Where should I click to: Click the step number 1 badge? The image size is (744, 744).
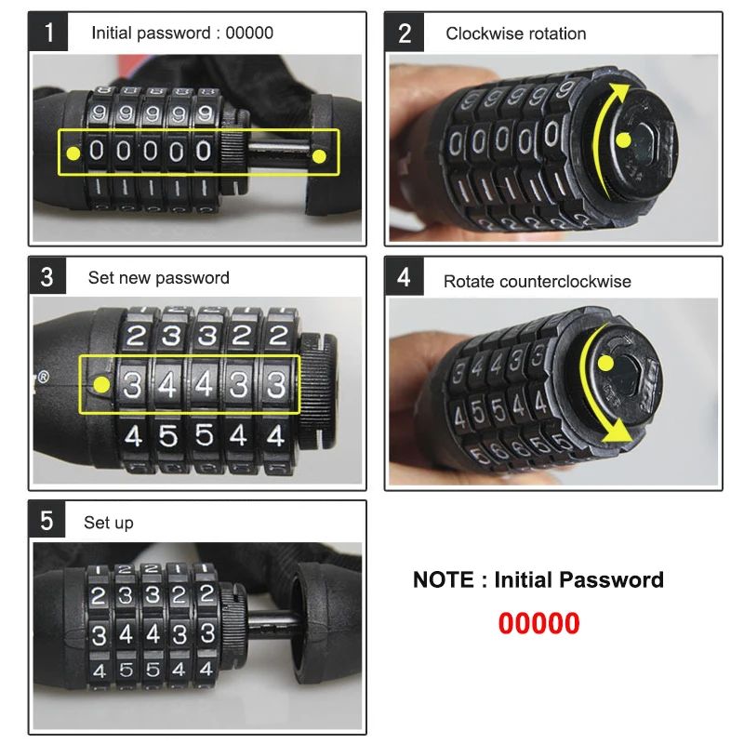pyautogui.click(x=49, y=33)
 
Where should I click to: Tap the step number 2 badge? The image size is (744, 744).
pyautogui.click(x=405, y=33)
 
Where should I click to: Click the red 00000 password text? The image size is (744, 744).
pyautogui.click(x=538, y=623)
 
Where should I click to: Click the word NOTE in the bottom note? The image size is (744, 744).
pyautogui.click(x=443, y=580)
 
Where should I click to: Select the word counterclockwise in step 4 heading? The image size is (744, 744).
pyautogui.click(x=572, y=281)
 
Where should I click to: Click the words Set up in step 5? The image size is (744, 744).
pyautogui.click(x=109, y=523)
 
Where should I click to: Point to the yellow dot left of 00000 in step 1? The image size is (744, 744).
pyautogui.click(x=73, y=152)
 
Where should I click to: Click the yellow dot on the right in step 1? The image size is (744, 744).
pyautogui.click(x=320, y=154)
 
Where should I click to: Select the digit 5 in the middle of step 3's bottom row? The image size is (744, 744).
pyautogui.click(x=204, y=435)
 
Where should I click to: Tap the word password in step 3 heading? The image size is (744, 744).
pyautogui.click(x=192, y=278)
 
